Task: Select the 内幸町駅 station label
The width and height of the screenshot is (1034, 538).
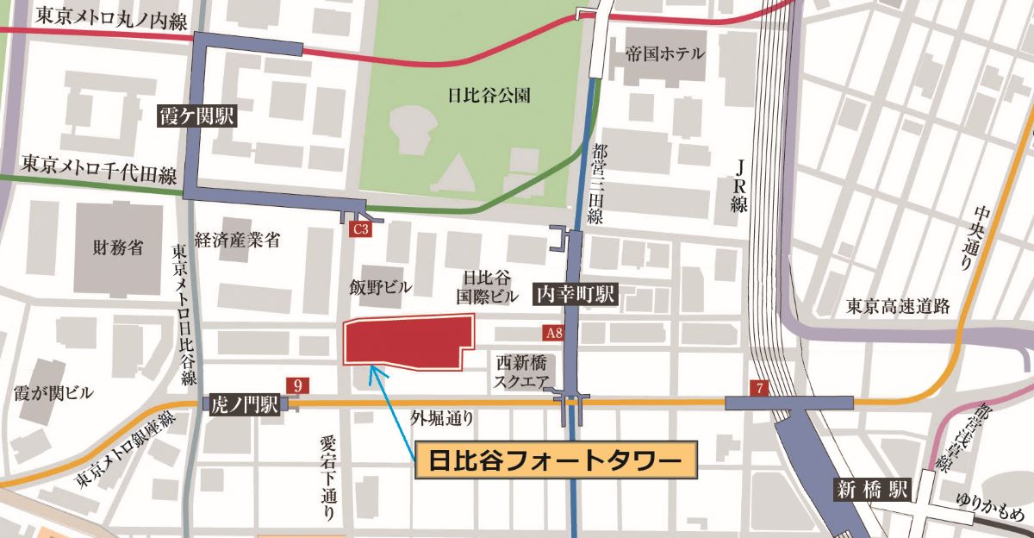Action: pyautogui.click(x=576, y=295)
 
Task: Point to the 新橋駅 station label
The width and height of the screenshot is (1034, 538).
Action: pyautogui.click(x=873, y=491)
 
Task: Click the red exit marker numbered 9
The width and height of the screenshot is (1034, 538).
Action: pyautogui.click(x=298, y=385)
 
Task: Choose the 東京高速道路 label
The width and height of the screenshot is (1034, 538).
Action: pyautogui.click(x=897, y=305)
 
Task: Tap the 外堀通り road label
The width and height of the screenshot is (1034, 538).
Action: pyautogui.click(x=442, y=419)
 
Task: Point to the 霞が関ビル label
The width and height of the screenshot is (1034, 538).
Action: pyautogui.click(x=53, y=393)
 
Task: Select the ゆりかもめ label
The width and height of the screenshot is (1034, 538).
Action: pyautogui.click(x=993, y=509)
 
